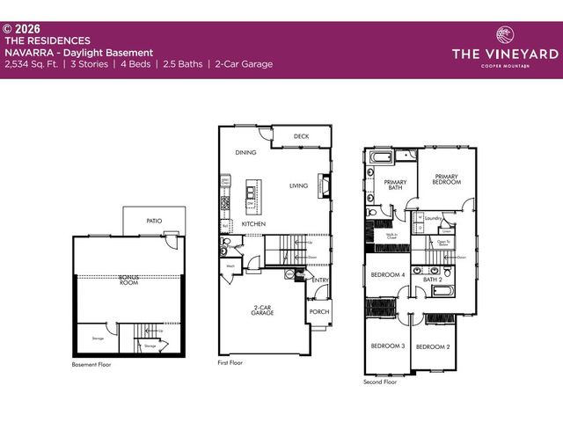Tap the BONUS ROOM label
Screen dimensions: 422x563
coord(129,280)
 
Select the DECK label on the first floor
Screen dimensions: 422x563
coord(301,136)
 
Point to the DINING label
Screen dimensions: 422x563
coord(245,152)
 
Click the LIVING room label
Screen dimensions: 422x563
coord(299,186)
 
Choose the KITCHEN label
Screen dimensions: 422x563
coord(254,224)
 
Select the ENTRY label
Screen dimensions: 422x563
coord(320,280)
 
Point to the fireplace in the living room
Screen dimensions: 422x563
coord(325,186)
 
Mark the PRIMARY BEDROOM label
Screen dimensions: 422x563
coord(447,178)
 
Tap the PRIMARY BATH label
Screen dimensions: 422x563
coord(393,186)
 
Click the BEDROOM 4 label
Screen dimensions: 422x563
coord(387,275)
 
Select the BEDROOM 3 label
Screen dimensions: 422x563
coord(387,346)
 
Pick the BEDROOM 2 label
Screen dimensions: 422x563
coord(433,346)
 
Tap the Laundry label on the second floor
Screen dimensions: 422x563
coord(432,217)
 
